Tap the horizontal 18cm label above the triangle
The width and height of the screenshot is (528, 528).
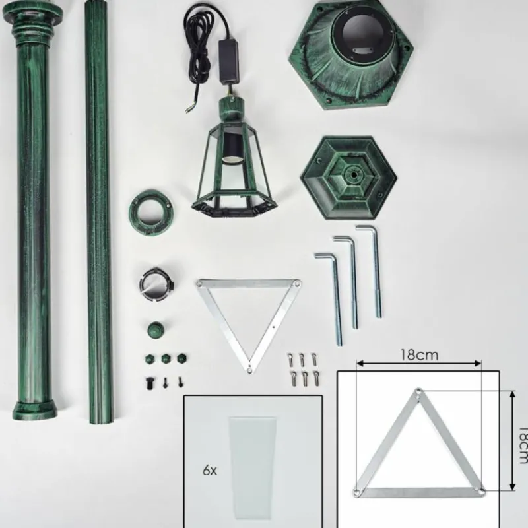(x=418, y=354)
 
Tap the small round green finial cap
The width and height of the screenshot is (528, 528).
(x=154, y=328)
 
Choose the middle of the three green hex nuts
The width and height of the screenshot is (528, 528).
(x=166, y=358)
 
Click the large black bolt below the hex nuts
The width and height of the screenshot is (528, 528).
(x=150, y=381)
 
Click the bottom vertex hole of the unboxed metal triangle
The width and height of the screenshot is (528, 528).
(x=249, y=369)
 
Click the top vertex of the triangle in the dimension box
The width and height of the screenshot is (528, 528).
(x=418, y=393)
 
